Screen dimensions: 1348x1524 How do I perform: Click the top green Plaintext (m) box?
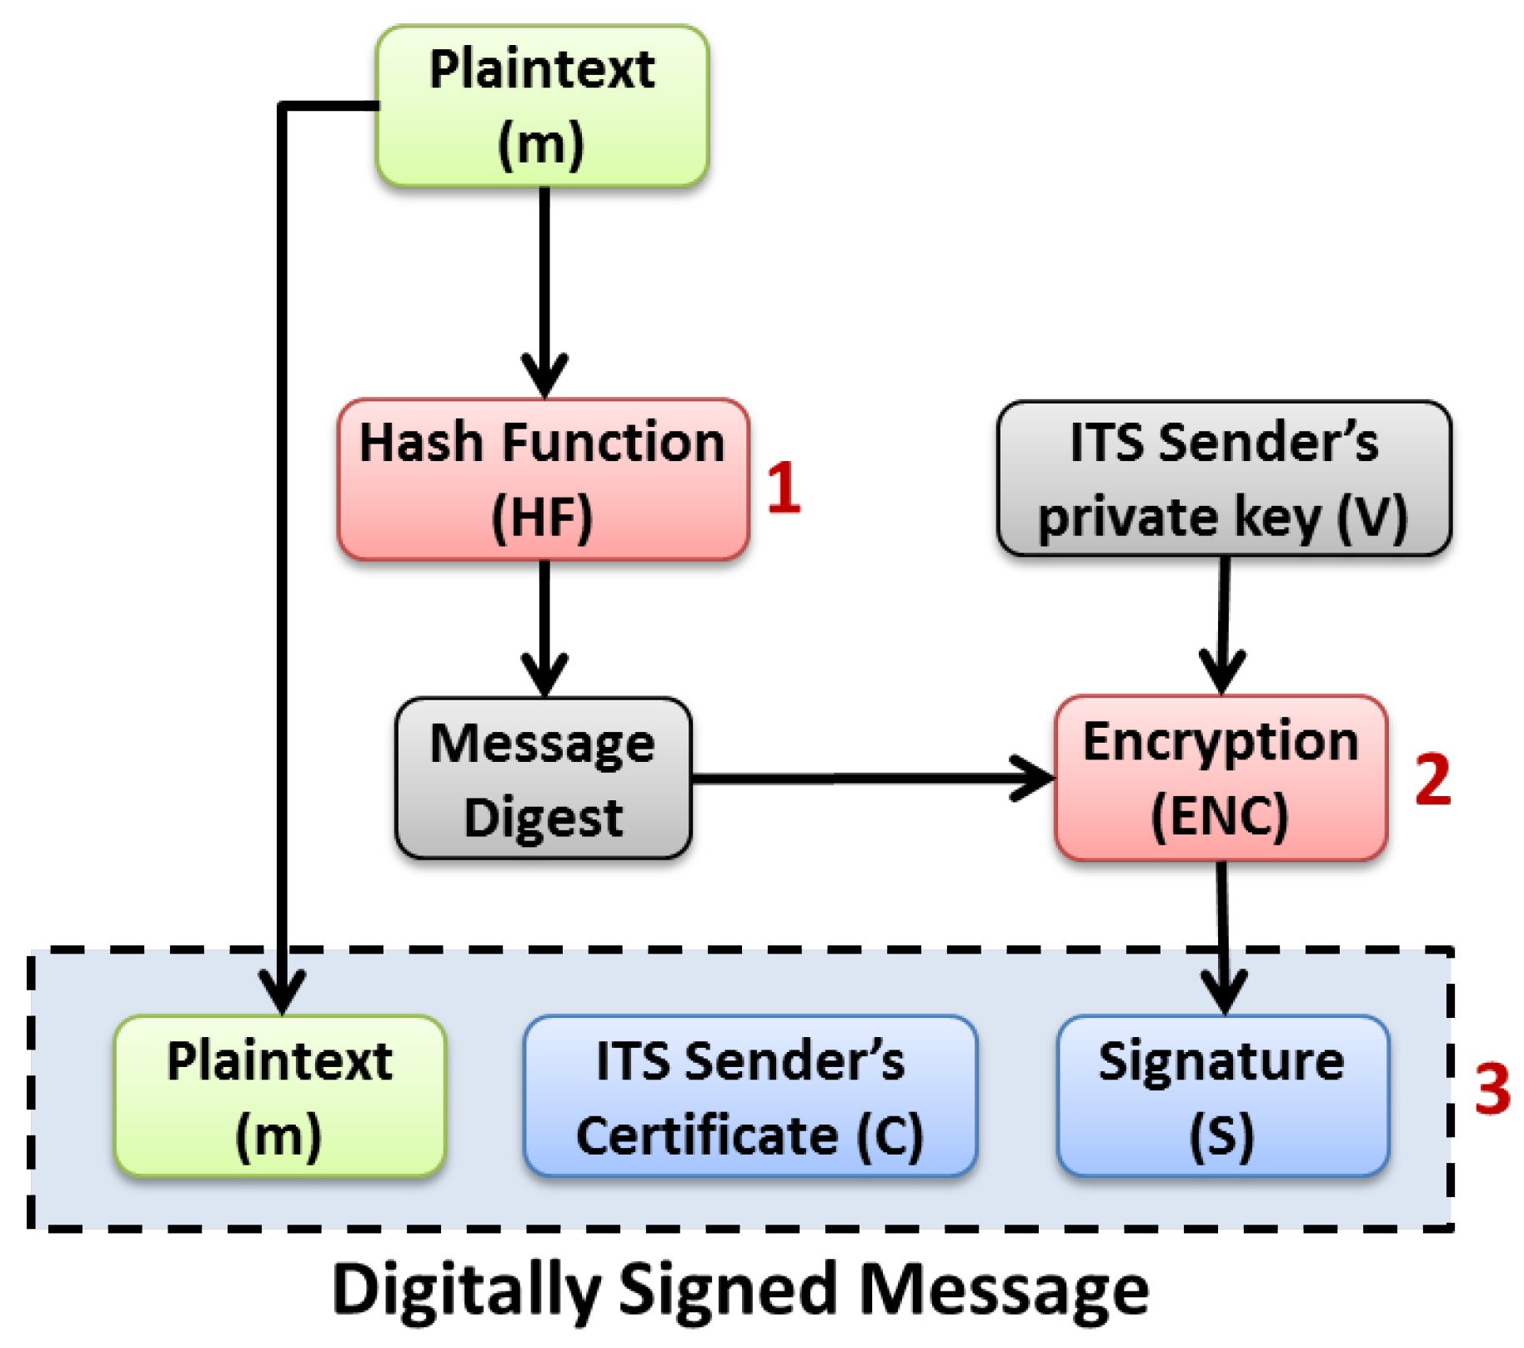[542, 106]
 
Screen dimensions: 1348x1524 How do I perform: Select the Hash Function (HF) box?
[542, 479]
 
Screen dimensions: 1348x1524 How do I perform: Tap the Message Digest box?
[543, 779]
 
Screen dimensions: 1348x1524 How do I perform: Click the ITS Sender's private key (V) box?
[1223, 479]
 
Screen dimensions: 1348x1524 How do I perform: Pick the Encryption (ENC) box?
[1221, 778]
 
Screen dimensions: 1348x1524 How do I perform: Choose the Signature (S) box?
[1222, 1096]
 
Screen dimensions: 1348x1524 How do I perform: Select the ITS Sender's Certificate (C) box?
[749, 1096]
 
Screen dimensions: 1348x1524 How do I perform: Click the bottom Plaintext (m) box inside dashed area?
[279, 1096]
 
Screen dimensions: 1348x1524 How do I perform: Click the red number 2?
[1432, 779]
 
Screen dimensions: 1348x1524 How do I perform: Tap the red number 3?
[1491, 1090]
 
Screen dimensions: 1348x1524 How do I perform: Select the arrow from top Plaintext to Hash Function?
[544, 283]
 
